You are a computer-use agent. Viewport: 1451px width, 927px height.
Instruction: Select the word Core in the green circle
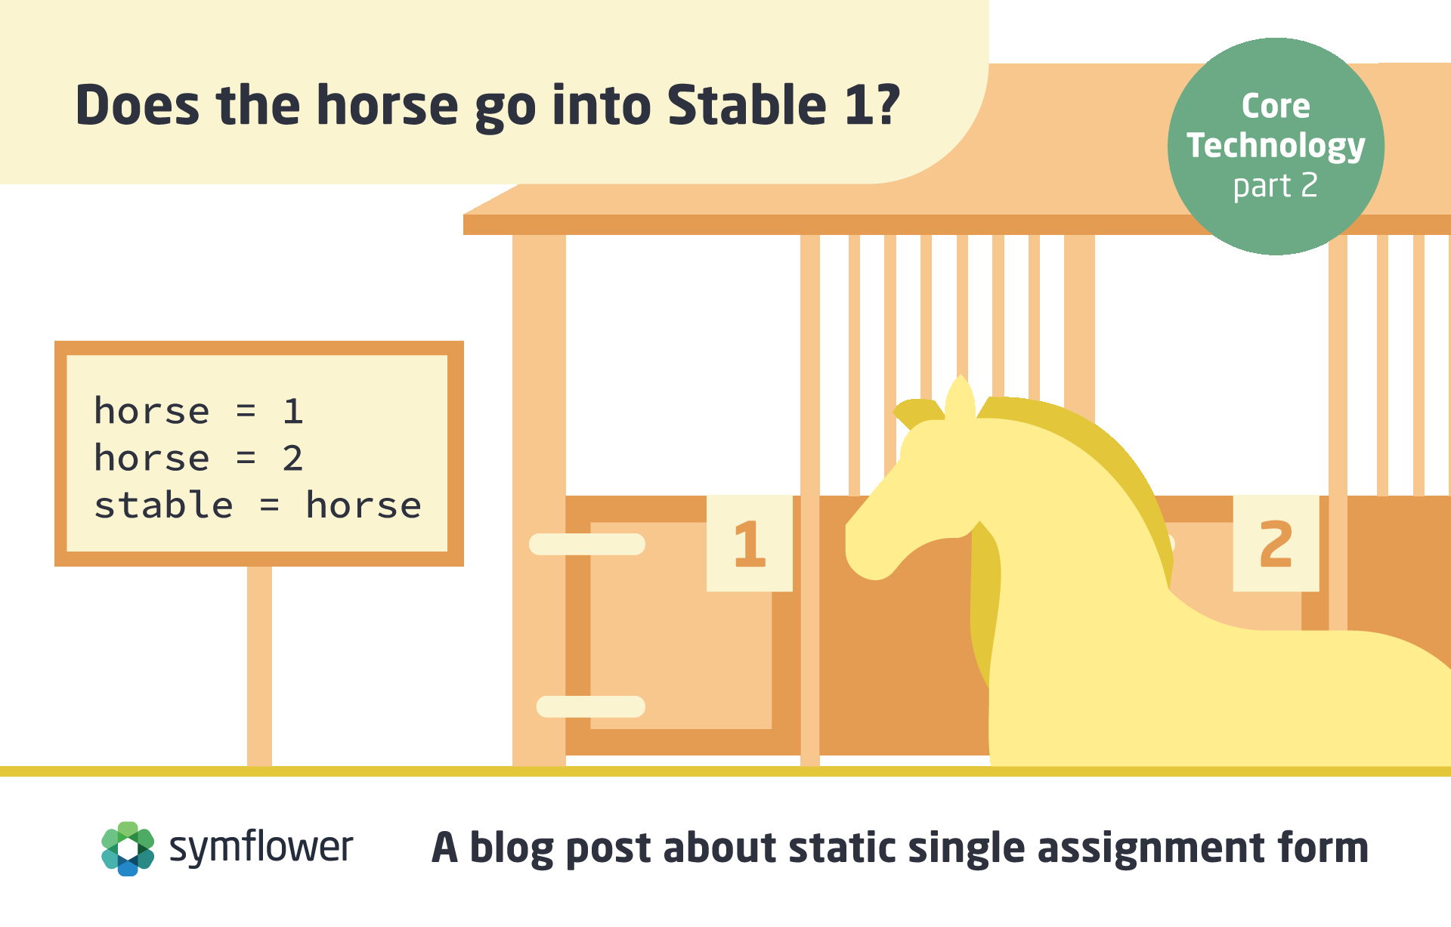1276,106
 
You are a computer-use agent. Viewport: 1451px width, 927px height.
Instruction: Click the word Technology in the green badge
1276,146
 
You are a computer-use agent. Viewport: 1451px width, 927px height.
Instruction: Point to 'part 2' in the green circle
1275,186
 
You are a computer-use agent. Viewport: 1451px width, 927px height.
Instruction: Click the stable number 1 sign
749,543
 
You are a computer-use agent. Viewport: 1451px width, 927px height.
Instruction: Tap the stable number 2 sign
1276,543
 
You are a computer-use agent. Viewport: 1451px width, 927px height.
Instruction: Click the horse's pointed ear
960,397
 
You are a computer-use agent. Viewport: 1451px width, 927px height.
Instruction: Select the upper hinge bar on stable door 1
587,544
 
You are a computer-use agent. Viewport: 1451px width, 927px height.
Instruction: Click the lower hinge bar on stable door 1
590,706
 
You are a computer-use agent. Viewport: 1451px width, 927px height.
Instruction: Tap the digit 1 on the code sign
293,411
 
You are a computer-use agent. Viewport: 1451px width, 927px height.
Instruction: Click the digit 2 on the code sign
292,459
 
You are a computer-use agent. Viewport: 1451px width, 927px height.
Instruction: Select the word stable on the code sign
163,505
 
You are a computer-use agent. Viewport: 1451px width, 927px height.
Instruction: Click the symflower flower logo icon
128,848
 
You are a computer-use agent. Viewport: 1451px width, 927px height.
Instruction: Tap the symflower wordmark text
261,847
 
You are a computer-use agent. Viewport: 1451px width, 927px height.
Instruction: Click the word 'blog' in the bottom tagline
512,848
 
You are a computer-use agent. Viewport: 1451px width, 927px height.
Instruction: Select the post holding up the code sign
259,666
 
